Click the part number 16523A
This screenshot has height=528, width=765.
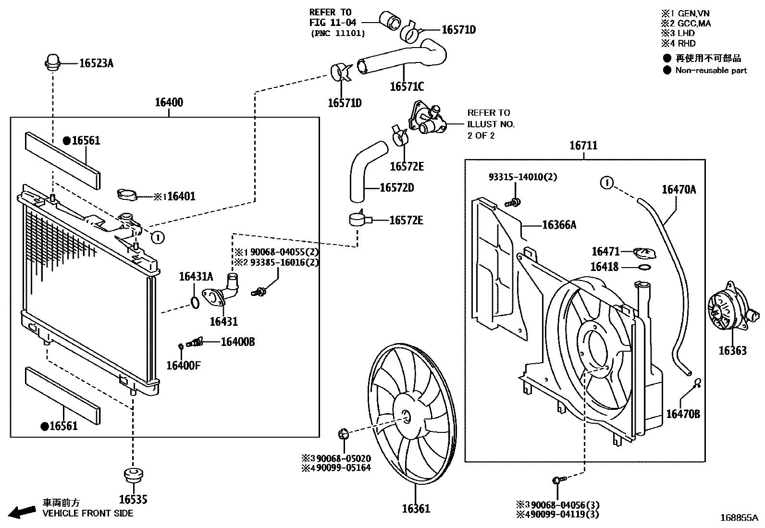pyautogui.click(x=96, y=63)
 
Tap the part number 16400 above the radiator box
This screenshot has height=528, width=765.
pyautogui.click(x=169, y=102)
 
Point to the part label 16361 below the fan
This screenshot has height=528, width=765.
pyautogui.click(x=416, y=508)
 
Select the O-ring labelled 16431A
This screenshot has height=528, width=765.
pyautogui.click(x=194, y=303)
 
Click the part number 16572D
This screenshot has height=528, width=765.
pyautogui.click(x=396, y=187)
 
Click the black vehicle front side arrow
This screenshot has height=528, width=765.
pyautogui.click(x=22, y=512)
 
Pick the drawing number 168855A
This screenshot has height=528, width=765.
pyautogui.click(x=739, y=518)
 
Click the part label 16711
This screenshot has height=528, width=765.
pyautogui.click(x=583, y=145)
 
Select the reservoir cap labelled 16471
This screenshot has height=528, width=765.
pyautogui.click(x=644, y=253)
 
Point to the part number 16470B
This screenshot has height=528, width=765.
pyautogui.click(x=683, y=413)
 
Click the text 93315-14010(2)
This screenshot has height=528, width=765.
pyautogui.click(x=523, y=177)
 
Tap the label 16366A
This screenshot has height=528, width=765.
pyautogui.click(x=559, y=224)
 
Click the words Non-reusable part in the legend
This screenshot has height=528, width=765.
pyautogui.click(x=711, y=70)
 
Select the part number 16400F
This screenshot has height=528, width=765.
pyautogui.click(x=183, y=365)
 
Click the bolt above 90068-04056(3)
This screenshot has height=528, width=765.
pyautogui.click(x=558, y=480)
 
